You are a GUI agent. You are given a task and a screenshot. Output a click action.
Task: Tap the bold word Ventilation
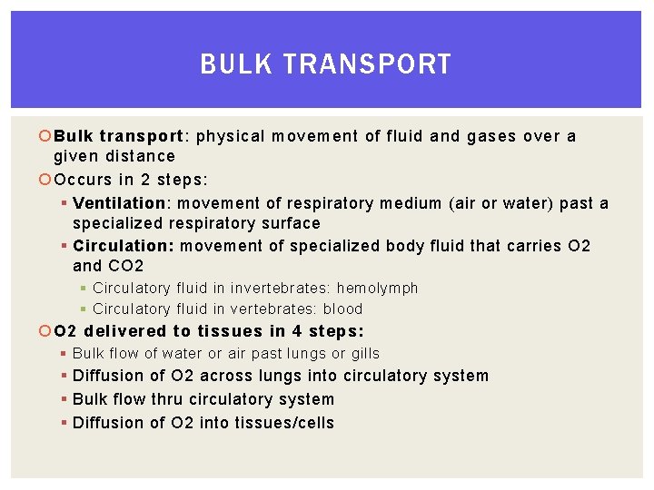pos(119,203)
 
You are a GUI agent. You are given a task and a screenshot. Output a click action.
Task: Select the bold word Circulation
pos(124,246)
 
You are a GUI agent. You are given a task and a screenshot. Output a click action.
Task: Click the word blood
pos(342,309)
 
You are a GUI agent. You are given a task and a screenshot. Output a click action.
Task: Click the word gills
pos(362,353)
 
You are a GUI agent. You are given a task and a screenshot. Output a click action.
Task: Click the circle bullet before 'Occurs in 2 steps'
pos(45,180)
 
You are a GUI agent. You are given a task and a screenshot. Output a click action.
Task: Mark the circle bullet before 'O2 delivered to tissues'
pos(45,332)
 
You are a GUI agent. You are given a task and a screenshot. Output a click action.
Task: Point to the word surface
pos(291,223)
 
